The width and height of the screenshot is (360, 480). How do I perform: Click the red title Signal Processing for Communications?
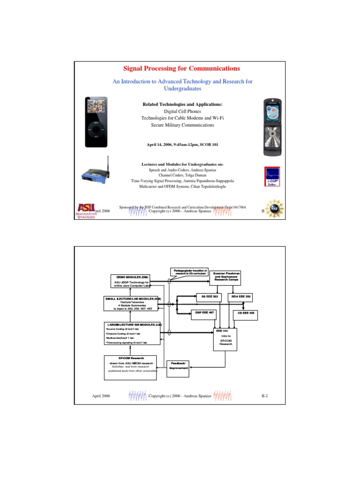[180, 68]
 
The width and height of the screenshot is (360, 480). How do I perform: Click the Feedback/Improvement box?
[178, 366]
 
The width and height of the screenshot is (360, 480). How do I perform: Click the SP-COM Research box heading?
[131, 358]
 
